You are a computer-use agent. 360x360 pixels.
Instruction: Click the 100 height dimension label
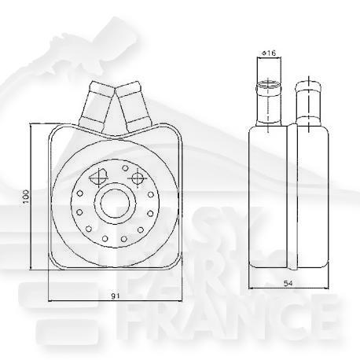pyautogui.click(x=25, y=196)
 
